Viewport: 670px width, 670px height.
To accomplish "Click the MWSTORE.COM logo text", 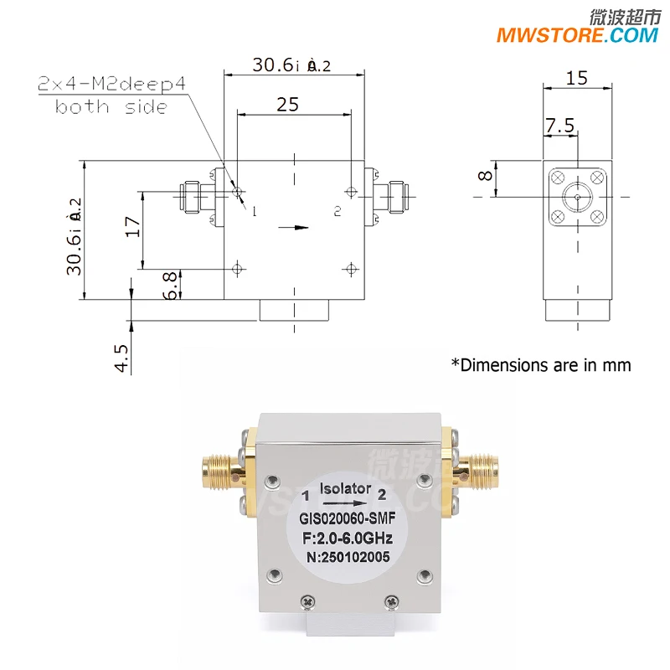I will pyautogui.click(x=577, y=35).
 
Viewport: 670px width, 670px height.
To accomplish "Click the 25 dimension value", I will pyautogui.click(x=287, y=104).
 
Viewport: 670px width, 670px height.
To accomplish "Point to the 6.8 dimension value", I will pyautogui.click(x=171, y=285).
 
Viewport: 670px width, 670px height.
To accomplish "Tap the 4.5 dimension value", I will pyautogui.click(x=121, y=358).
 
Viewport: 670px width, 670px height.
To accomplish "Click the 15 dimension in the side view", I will pyautogui.click(x=576, y=79).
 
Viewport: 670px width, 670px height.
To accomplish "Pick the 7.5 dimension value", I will pyautogui.click(x=559, y=126).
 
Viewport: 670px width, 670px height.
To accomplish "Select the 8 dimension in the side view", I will pyautogui.click(x=484, y=177).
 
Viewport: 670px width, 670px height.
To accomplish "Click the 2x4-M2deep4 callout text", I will pyautogui.click(x=110, y=85).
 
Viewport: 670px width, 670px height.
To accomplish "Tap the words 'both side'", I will pyautogui.click(x=111, y=106).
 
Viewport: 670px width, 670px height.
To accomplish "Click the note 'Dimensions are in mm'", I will pyautogui.click(x=541, y=364).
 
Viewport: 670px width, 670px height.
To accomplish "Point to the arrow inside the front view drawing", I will pyautogui.click(x=293, y=226).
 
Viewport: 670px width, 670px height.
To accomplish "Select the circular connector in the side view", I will pyautogui.click(x=576, y=198).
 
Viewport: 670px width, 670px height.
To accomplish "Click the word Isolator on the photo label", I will pyautogui.click(x=347, y=488).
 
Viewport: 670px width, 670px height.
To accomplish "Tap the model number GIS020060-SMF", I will pyautogui.click(x=347, y=519).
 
